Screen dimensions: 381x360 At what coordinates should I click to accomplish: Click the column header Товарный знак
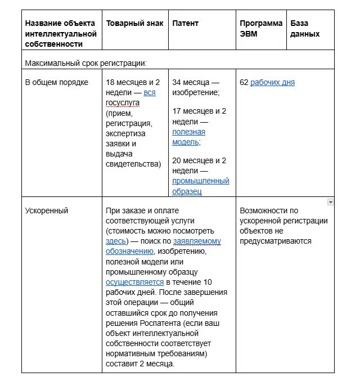click(x=134, y=24)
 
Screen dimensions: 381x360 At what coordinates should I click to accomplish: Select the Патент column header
click(x=185, y=24)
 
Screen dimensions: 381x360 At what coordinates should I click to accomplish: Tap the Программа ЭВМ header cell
click(x=261, y=28)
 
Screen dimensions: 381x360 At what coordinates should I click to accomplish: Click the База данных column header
click(x=305, y=28)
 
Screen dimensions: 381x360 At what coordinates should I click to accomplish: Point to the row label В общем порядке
click(x=57, y=83)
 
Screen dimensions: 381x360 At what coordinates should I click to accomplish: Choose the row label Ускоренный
click(x=47, y=210)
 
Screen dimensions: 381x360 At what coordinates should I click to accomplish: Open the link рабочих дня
click(x=272, y=83)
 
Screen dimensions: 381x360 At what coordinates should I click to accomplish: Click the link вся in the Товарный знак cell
click(x=150, y=92)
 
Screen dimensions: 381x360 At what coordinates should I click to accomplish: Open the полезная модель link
click(x=188, y=137)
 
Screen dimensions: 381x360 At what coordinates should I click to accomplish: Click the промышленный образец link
click(x=200, y=186)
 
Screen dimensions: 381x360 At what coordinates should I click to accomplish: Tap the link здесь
click(x=116, y=241)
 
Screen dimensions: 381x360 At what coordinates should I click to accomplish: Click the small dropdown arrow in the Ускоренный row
click(x=331, y=202)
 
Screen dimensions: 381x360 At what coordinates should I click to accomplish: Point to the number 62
click(x=244, y=83)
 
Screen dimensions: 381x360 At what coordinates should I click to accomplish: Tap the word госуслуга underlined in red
click(x=123, y=103)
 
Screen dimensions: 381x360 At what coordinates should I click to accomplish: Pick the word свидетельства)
click(x=133, y=164)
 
